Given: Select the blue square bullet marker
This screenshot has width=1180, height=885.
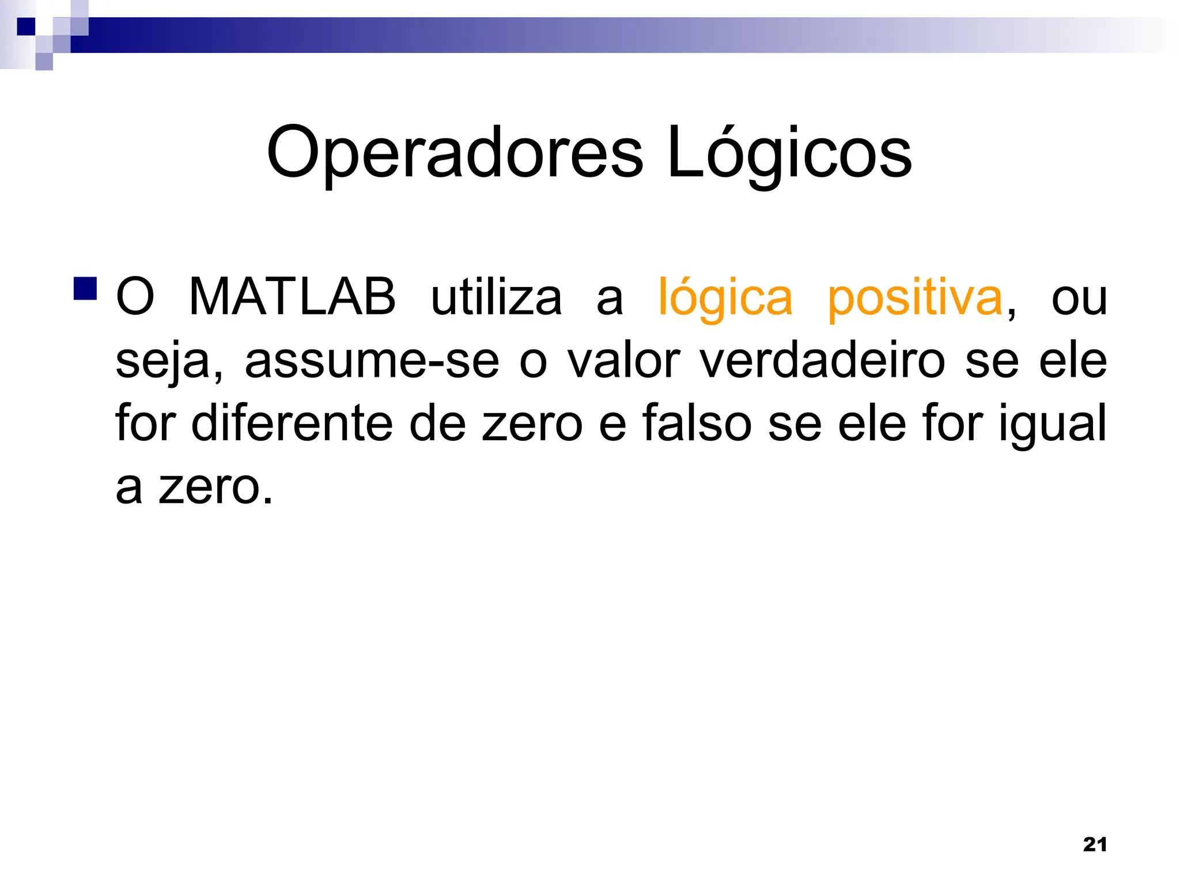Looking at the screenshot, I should coord(85,289).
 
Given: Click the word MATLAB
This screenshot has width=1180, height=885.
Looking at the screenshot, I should coord(292,298).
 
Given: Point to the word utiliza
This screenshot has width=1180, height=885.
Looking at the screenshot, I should coord(496,298).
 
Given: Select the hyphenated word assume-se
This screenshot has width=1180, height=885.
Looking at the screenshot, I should coord(372,362).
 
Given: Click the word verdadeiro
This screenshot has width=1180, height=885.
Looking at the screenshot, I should coord(822,361).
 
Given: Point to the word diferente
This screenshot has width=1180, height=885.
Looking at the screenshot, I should coord(290,423).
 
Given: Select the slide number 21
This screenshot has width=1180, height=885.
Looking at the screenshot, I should coord(1095,845).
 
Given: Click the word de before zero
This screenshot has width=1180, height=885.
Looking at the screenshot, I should coord(437,423).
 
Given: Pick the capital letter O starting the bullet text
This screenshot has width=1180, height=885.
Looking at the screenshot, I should coord(135,298).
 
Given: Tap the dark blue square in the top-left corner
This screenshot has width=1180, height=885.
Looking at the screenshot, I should coord(26,27).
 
